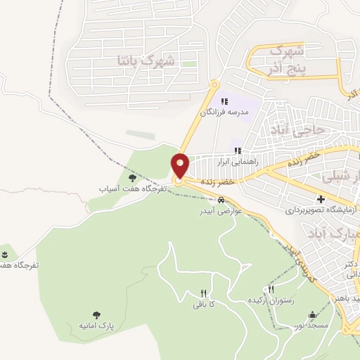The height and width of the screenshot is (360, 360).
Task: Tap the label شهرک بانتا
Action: tap(148, 62)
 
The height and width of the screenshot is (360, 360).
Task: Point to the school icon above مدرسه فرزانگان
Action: tap(224, 102)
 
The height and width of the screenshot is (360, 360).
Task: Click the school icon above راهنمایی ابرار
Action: tap(238, 150)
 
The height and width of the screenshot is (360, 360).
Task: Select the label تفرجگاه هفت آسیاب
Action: tap(131, 189)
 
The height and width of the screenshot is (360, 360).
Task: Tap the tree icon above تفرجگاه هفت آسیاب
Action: tap(131, 179)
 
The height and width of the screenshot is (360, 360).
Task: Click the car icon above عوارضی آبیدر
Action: tap(221, 200)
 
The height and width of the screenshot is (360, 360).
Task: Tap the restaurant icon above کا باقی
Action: tap(202, 294)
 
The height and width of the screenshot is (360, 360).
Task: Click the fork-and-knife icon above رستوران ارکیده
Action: tap(271, 290)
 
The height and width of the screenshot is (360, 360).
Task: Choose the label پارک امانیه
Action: tap(96, 327)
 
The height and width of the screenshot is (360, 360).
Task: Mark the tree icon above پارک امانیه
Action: tap(96, 316)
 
